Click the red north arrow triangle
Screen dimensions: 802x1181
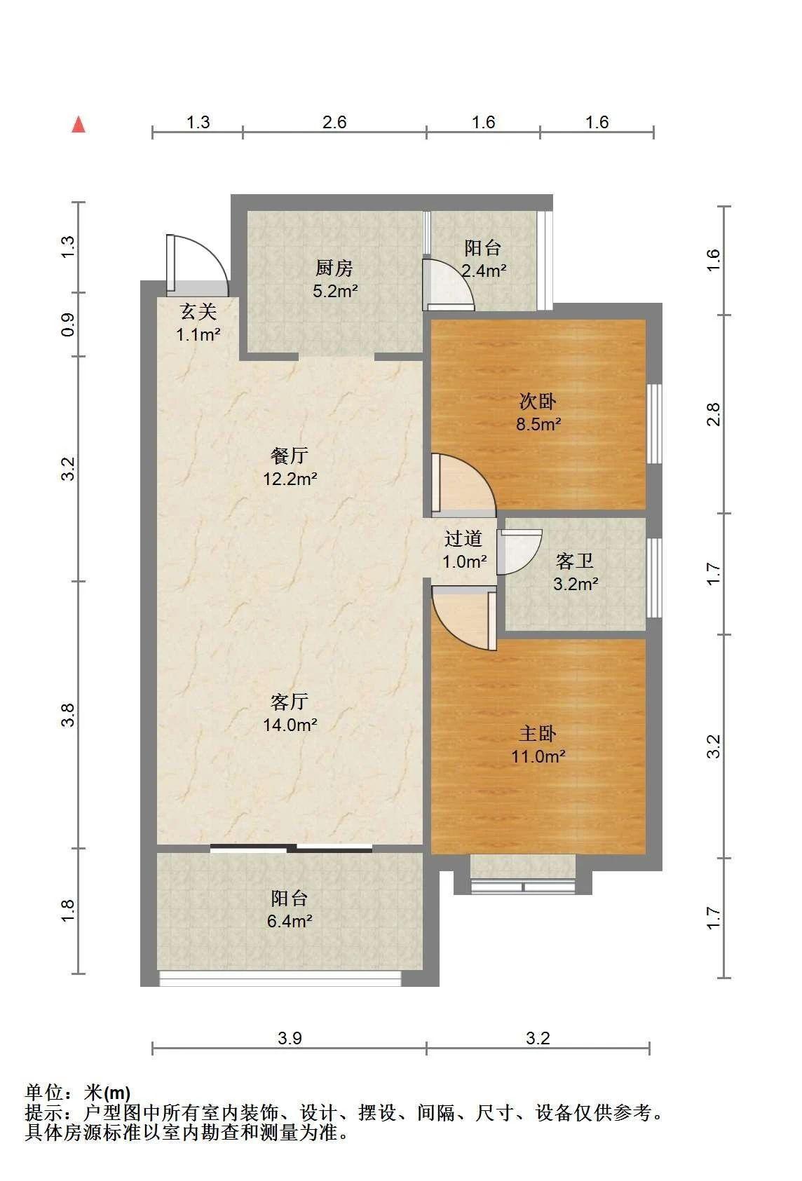pos(79,125)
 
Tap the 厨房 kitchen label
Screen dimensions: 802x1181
pos(334,268)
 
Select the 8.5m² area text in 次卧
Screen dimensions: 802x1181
pos(538,425)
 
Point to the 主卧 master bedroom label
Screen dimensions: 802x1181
pos(538,733)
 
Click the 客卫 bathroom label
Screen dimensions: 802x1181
pos(575,561)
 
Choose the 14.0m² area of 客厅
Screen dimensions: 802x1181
pos(290,725)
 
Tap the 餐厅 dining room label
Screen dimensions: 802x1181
pos(290,456)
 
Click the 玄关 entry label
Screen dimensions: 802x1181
pos(198,312)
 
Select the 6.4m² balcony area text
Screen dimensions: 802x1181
pos(290,921)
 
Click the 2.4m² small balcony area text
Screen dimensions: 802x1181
pos(484,271)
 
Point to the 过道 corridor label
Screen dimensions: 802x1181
pos(463,538)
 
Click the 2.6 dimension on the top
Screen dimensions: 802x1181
pos(334,123)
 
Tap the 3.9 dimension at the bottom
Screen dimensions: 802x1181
pos(290,1038)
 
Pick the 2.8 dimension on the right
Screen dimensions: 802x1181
pos(713,414)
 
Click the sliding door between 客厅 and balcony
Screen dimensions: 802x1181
pos(291,848)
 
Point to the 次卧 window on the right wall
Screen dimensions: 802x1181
pos(654,424)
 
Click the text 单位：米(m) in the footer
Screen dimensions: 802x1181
pos(78,1093)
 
